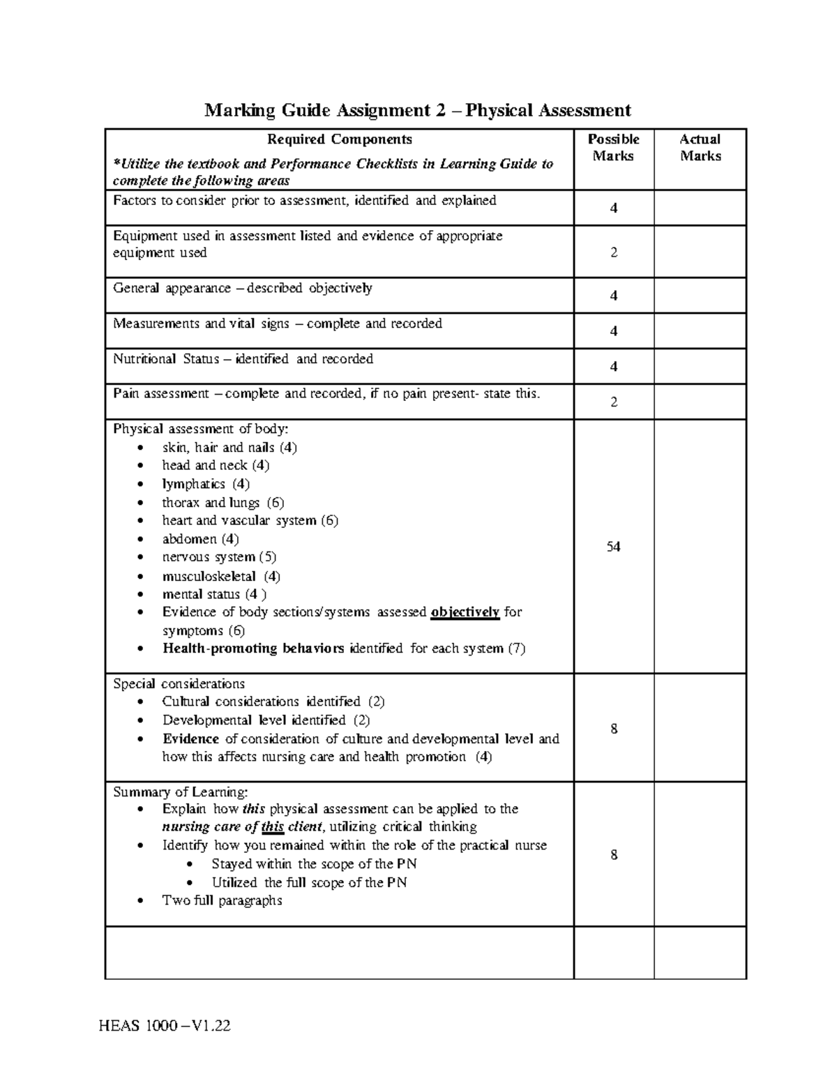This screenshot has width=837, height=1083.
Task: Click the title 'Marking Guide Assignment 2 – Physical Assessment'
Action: (x=417, y=111)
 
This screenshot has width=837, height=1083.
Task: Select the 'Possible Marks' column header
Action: (x=613, y=148)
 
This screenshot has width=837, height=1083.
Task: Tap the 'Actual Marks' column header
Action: (x=700, y=148)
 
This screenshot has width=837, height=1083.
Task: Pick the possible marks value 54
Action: (x=613, y=547)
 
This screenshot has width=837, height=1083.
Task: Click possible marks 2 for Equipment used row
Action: (x=613, y=252)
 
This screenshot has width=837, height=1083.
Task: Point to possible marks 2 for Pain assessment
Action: (x=613, y=402)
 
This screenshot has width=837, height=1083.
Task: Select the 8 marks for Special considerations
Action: (x=613, y=729)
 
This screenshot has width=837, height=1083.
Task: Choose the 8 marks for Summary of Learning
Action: (x=613, y=855)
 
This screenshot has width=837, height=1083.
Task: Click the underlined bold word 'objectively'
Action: (x=465, y=612)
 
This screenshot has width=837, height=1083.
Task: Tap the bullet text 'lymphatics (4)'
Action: (x=206, y=484)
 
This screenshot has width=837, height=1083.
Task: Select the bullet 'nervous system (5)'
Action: (x=219, y=557)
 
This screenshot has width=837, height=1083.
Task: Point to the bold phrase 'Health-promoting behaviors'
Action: (x=253, y=649)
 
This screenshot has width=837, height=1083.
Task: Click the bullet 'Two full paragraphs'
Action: (x=222, y=900)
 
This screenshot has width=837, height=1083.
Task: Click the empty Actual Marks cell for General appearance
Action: (x=700, y=296)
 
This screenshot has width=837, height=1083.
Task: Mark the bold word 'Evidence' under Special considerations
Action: (x=190, y=739)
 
